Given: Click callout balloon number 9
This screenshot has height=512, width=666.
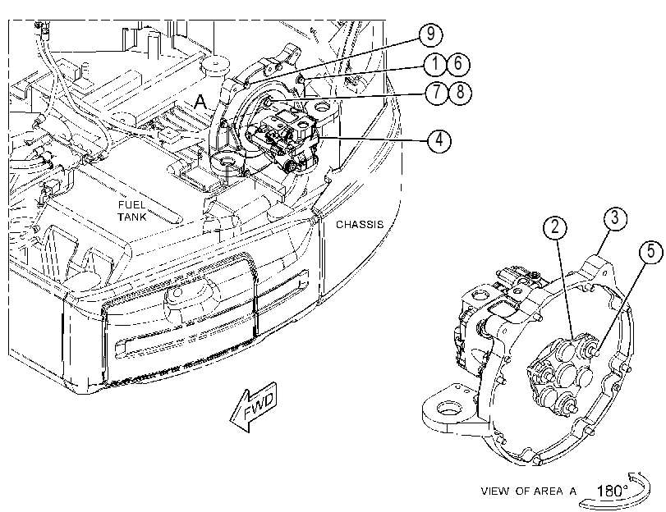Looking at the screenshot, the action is [430, 34].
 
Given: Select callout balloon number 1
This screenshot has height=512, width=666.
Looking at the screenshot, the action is [435, 64].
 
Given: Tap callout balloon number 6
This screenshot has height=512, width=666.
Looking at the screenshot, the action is [458, 64].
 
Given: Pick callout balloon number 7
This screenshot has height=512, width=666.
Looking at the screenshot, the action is [437, 93].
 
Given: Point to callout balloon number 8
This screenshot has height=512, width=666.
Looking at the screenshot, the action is [460, 93].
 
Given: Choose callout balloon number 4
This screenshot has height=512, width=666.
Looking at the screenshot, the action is [439, 139].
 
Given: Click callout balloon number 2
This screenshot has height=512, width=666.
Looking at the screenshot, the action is [555, 227].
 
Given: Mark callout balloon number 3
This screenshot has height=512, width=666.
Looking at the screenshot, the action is [615, 218].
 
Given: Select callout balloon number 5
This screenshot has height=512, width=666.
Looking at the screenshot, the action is [651, 252].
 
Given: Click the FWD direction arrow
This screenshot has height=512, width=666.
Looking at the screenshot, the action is [254, 408].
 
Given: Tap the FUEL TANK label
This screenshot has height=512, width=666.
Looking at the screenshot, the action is [132, 211].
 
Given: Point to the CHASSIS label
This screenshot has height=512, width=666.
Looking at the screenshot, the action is [360, 225].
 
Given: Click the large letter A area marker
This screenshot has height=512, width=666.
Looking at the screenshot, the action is [200, 103].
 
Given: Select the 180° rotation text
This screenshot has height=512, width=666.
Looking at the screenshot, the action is [612, 491].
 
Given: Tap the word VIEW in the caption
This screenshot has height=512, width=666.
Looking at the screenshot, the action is [495, 491].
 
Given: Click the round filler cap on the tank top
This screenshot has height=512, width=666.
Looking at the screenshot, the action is [215, 66].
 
